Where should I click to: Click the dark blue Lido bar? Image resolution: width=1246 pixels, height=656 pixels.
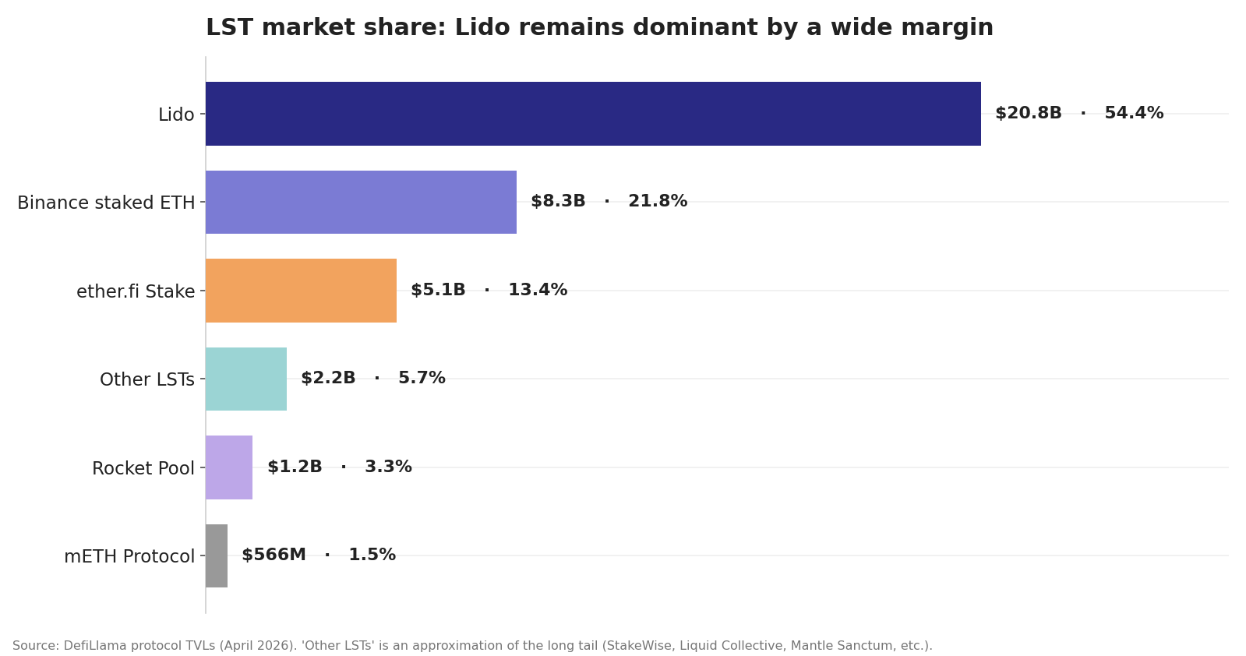(x=592, y=114)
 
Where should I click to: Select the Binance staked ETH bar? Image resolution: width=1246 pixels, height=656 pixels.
(x=361, y=202)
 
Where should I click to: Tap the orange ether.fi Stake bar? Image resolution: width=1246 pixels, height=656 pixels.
(x=301, y=291)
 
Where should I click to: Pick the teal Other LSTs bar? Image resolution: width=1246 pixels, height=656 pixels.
(x=246, y=379)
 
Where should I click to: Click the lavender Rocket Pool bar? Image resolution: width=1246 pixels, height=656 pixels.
(x=229, y=467)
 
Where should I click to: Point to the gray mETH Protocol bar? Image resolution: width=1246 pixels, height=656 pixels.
(x=217, y=555)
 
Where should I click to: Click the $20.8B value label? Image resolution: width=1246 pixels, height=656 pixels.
(x=1028, y=114)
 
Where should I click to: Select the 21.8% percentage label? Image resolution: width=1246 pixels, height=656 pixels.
(x=658, y=202)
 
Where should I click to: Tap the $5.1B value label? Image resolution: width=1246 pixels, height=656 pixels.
(x=438, y=291)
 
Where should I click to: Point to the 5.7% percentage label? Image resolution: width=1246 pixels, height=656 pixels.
(x=422, y=379)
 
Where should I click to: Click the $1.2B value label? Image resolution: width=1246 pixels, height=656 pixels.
(x=295, y=467)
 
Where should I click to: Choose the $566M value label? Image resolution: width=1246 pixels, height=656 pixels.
(x=274, y=555)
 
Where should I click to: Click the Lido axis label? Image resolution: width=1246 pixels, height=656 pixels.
(x=176, y=115)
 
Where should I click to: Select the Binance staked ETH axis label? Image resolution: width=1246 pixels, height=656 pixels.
(x=106, y=203)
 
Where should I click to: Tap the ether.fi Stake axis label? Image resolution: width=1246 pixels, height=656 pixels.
(x=136, y=292)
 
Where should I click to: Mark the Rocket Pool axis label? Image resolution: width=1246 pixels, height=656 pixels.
(x=143, y=469)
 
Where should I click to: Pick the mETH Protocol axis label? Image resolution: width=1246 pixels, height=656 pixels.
(x=129, y=557)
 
